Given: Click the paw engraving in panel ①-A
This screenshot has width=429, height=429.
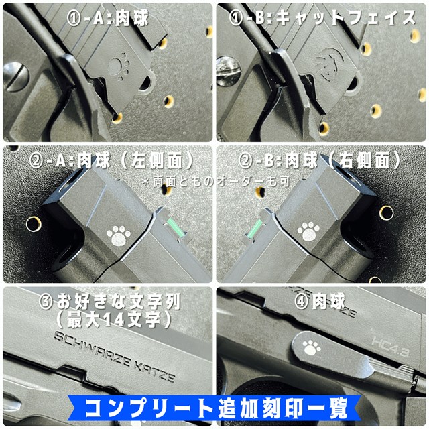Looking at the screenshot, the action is click(x=119, y=67).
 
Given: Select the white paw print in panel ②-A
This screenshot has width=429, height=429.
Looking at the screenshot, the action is click(x=119, y=235).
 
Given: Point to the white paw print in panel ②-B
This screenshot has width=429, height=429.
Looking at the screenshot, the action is click(x=308, y=231).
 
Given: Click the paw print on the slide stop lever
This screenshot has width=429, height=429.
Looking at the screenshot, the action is click(x=312, y=347).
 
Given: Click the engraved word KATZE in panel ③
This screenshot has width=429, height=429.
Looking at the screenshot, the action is click(x=154, y=371).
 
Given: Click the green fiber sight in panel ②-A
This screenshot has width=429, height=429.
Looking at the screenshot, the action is click(x=176, y=225).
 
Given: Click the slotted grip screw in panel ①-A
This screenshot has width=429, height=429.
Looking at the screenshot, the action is click(x=15, y=77).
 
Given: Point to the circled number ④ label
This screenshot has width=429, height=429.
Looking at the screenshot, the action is click(x=302, y=302).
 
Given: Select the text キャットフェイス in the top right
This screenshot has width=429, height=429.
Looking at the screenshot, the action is click(x=346, y=19).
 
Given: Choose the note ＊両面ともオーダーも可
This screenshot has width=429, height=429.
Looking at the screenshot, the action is click(x=216, y=182).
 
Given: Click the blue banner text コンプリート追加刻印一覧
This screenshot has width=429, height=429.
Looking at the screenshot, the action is click(x=216, y=408).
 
